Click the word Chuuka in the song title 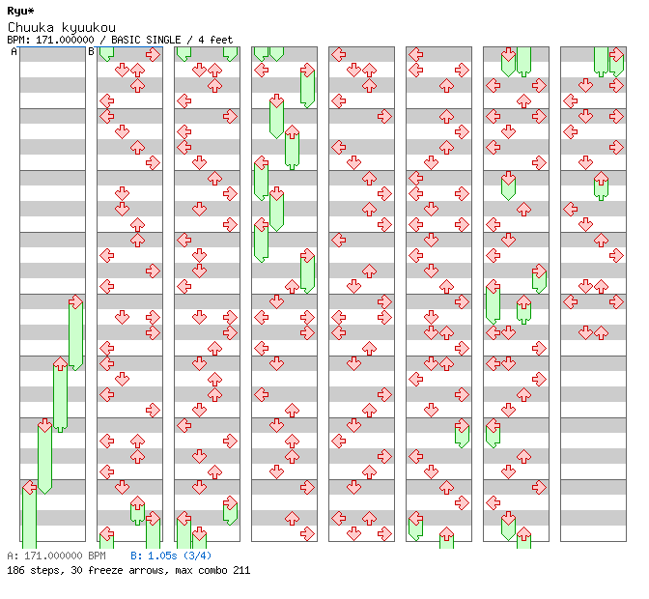pos(26,27)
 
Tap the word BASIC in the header pos(126,40)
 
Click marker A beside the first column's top pos(14,52)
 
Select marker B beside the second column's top pos(92,52)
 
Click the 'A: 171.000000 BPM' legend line pos(55,556)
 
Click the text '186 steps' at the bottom pos(29,570)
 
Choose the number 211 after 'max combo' pos(240,570)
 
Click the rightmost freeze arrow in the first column pos(75,333)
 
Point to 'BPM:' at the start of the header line pos(17,40)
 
